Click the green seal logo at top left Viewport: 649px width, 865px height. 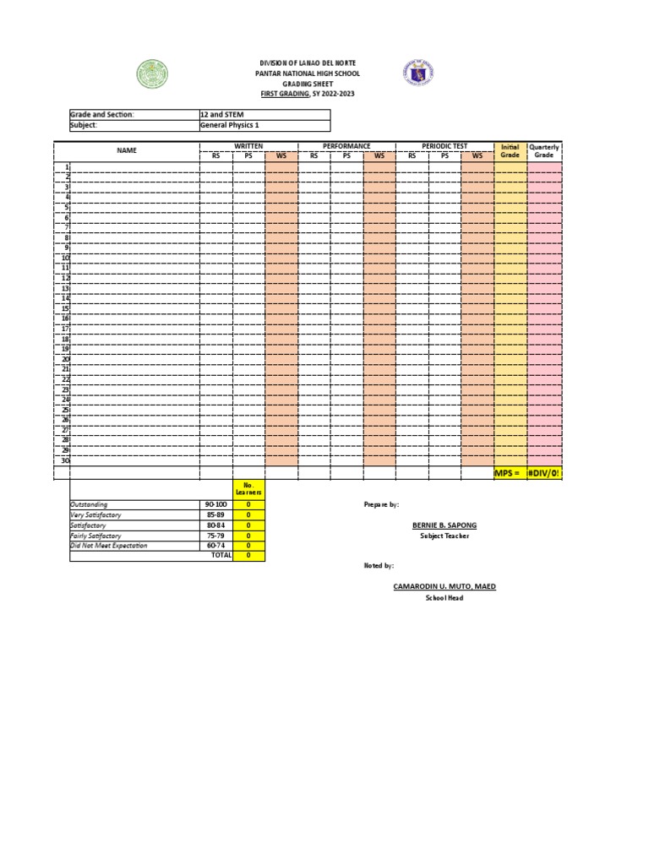pyautogui.click(x=153, y=74)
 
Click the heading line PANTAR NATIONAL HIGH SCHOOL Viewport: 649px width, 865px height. pyautogui.click(x=308, y=74)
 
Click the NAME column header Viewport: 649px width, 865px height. pyautogui.click(x=127, y=150)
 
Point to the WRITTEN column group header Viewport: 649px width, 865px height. pyautogui.click(x=248, y=146)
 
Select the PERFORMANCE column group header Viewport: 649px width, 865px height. pyautogui.click(x=347, y=146)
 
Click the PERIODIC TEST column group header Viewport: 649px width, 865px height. pyautogui.click(x=445, y=146)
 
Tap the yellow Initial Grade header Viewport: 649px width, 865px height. pyautogui.click(x=510, y=151)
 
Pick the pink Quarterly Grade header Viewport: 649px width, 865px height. pyautogui.click(x=544, y=151)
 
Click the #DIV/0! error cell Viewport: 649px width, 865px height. pyautogui.click(x=544, y=473)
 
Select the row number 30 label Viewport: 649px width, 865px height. pyautogui.click(x=65, y=460)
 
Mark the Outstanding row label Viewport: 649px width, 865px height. pyautogui.click(x=89, y=504)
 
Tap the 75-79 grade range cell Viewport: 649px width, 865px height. pyautogui.click(x=217, y=536)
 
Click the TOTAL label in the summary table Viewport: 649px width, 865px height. pyautogui.click(x=221, y=556)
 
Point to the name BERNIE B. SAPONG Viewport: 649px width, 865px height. pyautogui.click(x=438, y=525)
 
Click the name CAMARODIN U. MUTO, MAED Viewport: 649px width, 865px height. pyautogui.click(x=444, y=586)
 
